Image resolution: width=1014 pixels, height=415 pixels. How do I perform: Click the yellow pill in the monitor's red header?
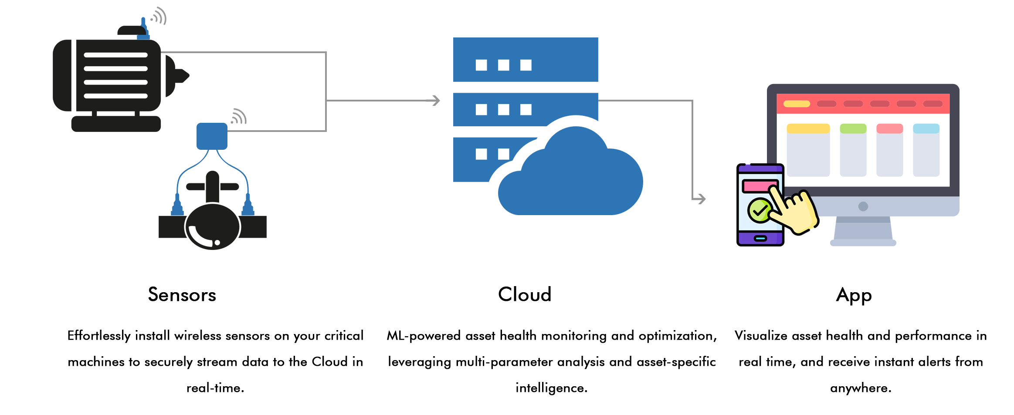pos(796,104)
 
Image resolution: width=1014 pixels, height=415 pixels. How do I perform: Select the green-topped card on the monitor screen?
pos(853,150)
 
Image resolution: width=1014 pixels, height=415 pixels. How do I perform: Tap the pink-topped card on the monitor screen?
pos(889,150)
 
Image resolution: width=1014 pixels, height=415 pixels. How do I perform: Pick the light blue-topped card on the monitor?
pos(926,150)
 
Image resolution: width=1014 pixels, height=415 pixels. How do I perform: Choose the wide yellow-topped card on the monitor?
pos(808,150)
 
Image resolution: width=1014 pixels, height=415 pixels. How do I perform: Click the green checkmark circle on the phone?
pos(760,211)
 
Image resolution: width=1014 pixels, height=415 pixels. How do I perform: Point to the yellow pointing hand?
pos(795,211)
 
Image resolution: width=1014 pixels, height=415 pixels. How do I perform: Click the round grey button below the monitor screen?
pos(863,206)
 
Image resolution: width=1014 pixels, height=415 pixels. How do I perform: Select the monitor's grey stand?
pos(863,229)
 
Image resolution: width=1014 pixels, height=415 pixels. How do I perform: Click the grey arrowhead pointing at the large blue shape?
pos(433,101)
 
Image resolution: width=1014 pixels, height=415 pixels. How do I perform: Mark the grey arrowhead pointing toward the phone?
pos(701,199)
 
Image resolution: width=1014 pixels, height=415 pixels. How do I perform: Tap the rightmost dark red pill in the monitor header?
pos(933,104)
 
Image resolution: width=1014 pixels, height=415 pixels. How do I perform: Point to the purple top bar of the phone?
pos(760,168)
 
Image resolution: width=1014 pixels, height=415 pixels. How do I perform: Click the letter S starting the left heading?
pos(153,294)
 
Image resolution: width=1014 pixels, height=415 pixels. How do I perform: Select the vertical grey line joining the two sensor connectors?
pos(326,91)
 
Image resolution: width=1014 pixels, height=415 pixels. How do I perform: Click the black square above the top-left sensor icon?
pos(158,16)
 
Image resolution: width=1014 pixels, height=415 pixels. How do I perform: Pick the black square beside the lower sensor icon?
pos(239,116)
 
